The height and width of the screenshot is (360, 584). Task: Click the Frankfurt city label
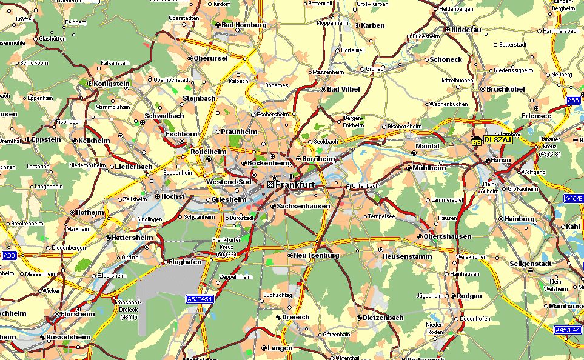point(295,184)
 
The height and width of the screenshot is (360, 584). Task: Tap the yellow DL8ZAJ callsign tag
point(498,141)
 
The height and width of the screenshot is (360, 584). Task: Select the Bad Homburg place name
point(244,25)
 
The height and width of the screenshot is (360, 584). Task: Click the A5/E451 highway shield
point(200,299)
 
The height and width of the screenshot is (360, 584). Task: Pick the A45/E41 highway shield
point(568,330)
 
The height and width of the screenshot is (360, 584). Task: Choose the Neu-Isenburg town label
point(316,255)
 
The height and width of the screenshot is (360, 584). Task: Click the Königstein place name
point(112,84)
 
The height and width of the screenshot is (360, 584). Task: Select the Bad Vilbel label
point(343,89)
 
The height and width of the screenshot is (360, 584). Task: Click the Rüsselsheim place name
point(69,337)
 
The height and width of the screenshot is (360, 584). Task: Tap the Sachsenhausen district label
point(303,206)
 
